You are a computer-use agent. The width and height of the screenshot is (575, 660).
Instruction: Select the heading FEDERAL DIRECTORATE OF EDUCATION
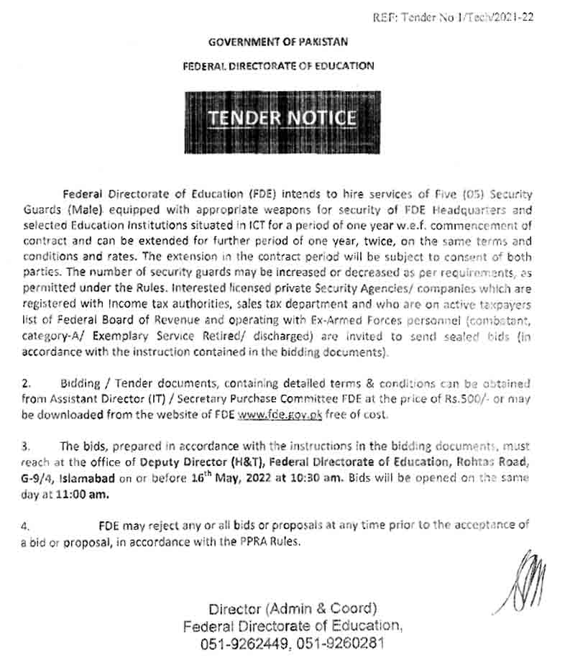278,66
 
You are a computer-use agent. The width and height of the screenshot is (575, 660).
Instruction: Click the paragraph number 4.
26,526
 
